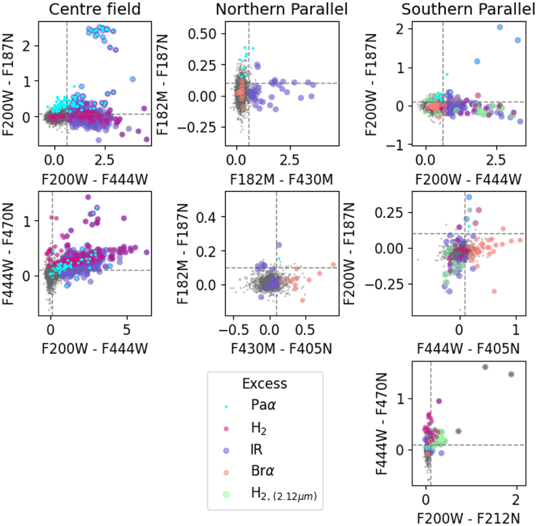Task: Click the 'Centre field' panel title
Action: [94, 9]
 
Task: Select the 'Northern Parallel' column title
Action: [281, 9]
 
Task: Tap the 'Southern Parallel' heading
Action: [468, 9]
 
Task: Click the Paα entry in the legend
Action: [263, 405]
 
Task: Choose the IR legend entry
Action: [256, 449]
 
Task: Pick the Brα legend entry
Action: [262, 471]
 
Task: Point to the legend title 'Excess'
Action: [264, 384]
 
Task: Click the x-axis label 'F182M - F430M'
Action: [281, 180]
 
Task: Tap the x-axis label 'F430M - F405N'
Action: [281, 348]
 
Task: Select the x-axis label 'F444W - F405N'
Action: [468, 348]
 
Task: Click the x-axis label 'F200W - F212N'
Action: [468, 518]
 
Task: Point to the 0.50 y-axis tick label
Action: [202, 34]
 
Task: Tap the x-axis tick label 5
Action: [127, 330]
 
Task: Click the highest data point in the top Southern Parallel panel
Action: [500, 27]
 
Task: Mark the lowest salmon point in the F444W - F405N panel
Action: [494, 291]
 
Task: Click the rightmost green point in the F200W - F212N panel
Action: [511, 374]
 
